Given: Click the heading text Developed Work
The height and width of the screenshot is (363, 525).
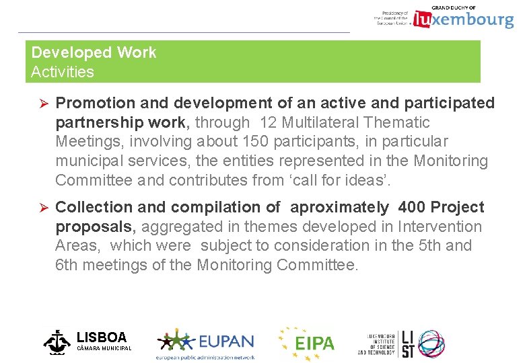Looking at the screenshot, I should point(94,52).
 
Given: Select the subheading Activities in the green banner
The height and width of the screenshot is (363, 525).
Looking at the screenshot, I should point(63,72).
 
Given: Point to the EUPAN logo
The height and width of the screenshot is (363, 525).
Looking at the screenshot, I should point(206,343).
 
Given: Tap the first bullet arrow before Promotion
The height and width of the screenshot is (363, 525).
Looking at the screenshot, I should point(40,104).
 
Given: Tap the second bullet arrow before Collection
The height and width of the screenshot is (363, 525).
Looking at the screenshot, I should point(40,208).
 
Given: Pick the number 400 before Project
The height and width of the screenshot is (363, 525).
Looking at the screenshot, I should point(412,207).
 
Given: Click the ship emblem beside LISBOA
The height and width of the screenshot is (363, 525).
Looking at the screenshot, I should point(57,341).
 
